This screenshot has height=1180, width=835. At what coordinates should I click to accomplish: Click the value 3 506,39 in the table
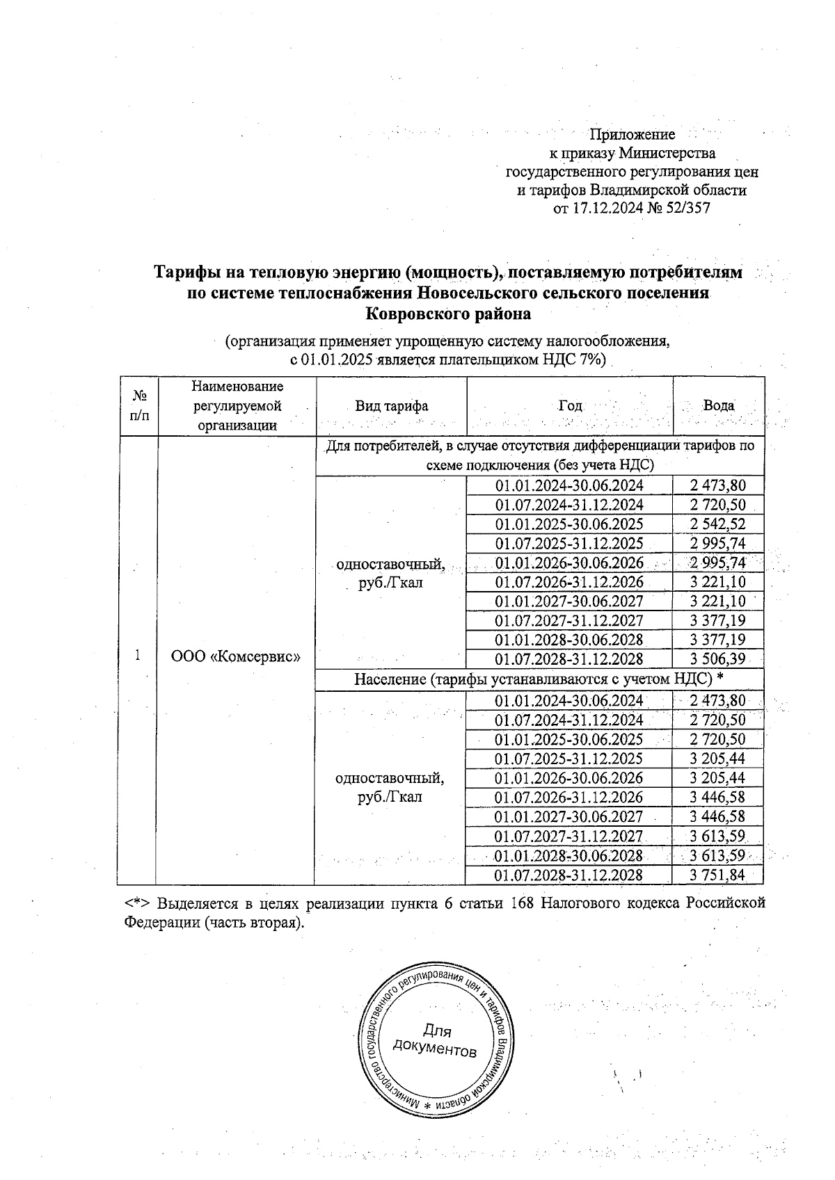[717, 659]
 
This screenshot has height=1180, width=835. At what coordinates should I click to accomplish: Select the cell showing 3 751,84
[717, 875]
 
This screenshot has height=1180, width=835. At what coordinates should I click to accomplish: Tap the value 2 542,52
[717, 524]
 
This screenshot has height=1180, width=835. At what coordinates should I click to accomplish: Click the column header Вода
[719, 406]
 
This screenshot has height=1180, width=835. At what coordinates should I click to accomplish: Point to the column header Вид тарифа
[391, 406]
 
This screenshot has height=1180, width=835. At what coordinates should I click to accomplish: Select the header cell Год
[569, 406]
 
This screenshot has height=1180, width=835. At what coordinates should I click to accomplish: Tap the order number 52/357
[689, 208]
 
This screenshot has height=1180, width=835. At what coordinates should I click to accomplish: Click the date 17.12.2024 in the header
[605, 208]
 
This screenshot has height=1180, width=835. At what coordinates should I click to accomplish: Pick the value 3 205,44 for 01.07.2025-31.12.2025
[717, 759]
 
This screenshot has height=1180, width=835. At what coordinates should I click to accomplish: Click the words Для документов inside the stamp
[436, 1040]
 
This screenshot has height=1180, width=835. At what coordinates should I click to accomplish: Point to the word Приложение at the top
[632, 135]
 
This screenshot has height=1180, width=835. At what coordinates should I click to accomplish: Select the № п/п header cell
[138, 406]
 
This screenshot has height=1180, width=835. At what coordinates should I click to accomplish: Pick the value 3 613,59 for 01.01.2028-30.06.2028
[717, 855]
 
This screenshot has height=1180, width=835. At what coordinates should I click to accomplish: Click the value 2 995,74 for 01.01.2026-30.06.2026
[717, 563]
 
